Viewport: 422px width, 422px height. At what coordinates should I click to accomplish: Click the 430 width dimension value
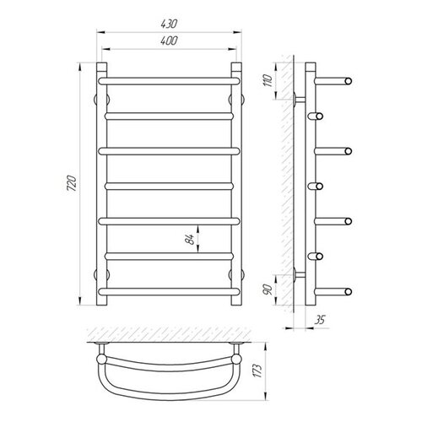coord(169,24)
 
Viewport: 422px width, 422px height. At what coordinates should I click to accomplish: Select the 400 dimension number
coord(169,41)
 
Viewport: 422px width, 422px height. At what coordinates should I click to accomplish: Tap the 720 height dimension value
coord(72,183)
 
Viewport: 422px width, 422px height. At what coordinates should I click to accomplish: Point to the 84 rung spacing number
coord(191,239)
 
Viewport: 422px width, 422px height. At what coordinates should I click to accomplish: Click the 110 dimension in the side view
coord(268,80)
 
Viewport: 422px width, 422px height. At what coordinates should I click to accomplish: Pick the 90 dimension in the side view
coord(268,289)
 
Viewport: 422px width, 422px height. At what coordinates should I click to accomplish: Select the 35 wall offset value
coord(320,320)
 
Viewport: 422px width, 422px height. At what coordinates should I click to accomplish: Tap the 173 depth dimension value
coord(258,371)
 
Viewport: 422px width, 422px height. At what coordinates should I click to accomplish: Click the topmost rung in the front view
coord(169,81)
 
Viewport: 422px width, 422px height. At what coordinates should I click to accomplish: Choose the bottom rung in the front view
coord(169,291)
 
